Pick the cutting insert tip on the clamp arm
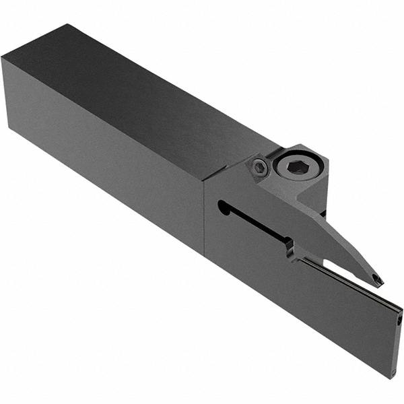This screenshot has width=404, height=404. click(378, 277)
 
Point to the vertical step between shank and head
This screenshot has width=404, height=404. click(203, 215)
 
